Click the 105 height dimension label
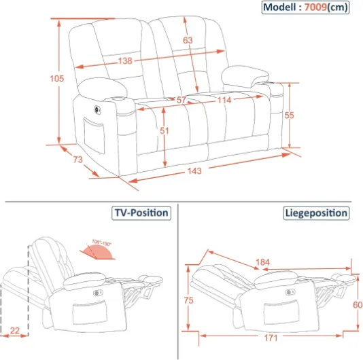click(x=57, y=78)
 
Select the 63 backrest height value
click(x=188, y=41)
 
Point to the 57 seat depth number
click(x=181, y=100)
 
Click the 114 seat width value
click(x=224, y=100)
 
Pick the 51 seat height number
click(x=165, y=130)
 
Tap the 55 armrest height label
click(x=289, y=115)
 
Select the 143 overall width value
click(x=194, y=170)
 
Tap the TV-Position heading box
click(x=141, y=213)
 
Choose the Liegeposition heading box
click(x=315, y=213)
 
